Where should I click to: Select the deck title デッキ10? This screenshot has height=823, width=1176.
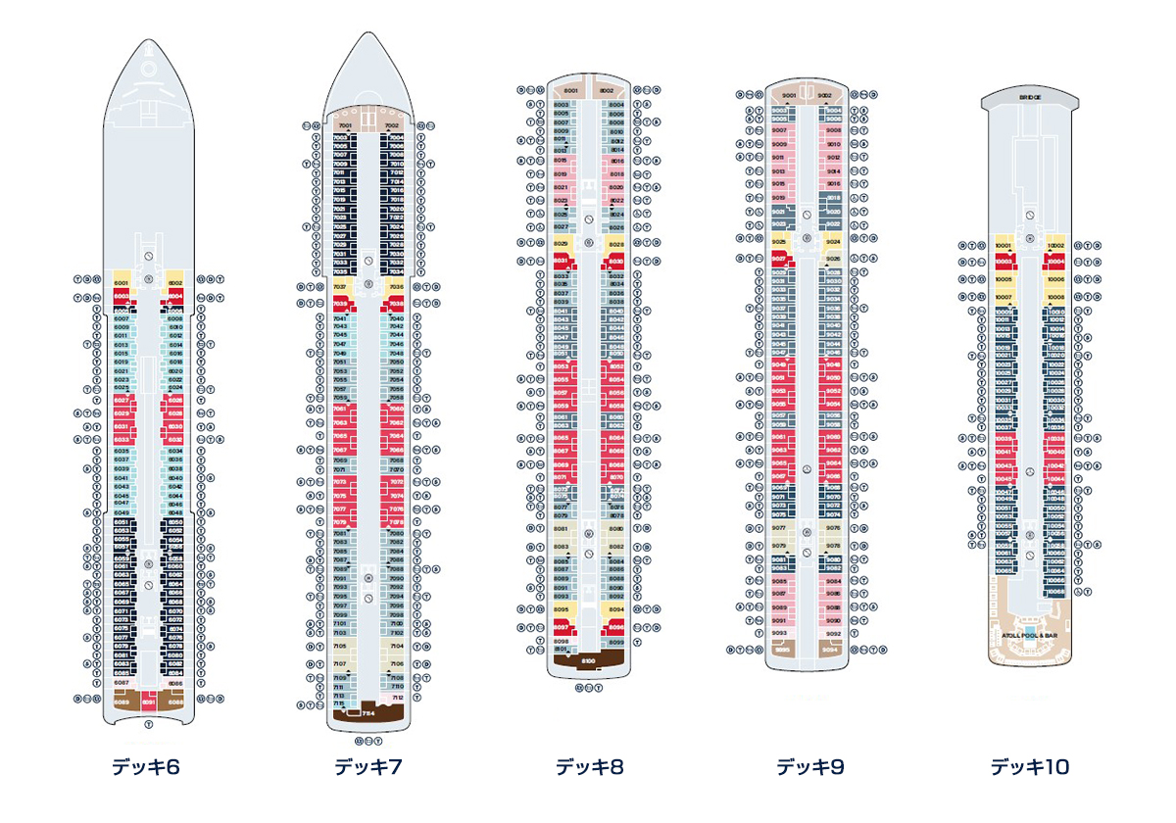click(1030, 767)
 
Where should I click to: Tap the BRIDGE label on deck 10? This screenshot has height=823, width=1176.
click(1029, 98)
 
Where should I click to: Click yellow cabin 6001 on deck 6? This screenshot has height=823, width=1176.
click(122, 281)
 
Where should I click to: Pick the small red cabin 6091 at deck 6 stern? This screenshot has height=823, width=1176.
click(148, 702)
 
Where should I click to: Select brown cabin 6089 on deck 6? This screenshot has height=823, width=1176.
click(122, 702)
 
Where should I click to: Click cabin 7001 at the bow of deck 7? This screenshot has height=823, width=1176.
click(344, 125)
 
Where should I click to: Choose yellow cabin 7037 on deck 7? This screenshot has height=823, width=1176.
click(341, 287)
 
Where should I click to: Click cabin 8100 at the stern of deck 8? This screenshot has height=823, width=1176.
click(589, 662)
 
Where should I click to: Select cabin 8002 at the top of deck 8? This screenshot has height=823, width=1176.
click(607, 90)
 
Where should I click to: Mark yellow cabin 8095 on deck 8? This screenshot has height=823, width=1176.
click(562, 608)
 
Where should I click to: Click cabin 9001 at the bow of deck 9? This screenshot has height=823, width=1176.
click(789, 95)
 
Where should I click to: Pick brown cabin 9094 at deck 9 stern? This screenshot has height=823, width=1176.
click(830, 649)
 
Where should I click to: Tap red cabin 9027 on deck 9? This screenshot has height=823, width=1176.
click(780, 258)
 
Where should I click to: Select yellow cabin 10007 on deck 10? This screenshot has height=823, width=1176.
click(1003, 296)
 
